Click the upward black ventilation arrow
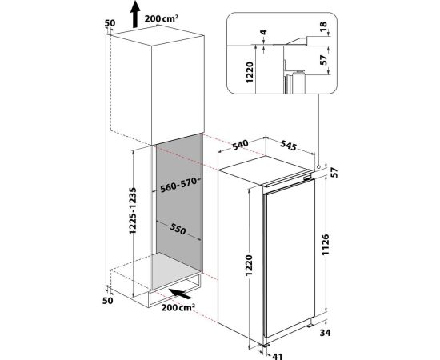tap(135, 14)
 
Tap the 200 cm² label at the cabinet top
tap(162, 18)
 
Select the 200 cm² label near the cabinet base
tap(178, 307)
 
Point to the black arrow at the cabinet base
tap(181, 294)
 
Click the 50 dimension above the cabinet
tap(110, 23)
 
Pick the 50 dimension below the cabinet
tap(108, 301)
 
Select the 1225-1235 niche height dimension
tap(133, 210)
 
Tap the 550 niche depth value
tap(178, 230)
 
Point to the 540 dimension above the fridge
tap(240, 145)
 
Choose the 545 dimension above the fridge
tap(289, 146)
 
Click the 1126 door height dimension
tap(326, 245)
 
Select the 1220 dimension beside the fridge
tap(249, 265)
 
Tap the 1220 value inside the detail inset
tap(250, 72)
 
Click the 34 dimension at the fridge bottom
tap(326, 333)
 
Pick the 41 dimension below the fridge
tap(278, 356)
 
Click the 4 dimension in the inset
tap(263, 32)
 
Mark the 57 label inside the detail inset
tap(323, 60)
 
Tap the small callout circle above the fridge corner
tap(318, 167)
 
